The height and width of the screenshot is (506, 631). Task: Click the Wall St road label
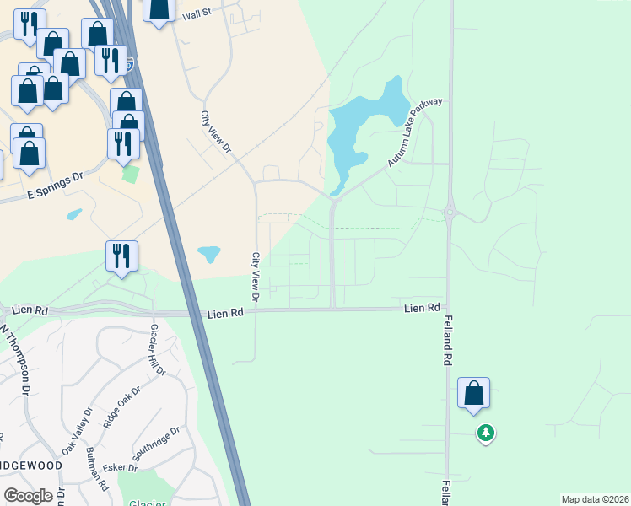[196, 14]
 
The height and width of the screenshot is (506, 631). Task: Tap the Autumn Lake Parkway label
[415, 132]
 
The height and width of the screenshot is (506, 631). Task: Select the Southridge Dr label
[157, 443]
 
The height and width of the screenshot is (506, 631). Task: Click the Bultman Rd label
[98, 469]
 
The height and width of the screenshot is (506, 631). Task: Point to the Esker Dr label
[121, 468]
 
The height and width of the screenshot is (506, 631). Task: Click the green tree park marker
[485, 433]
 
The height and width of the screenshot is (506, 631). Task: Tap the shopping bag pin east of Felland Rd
[473, 393]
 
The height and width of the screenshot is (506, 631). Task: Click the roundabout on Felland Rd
[450, 213]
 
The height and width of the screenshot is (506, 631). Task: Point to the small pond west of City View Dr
[208, 253]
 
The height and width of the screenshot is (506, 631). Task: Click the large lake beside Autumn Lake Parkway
[359, 126]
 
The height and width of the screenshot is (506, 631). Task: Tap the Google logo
[28, 496]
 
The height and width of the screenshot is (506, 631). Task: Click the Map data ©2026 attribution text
[595, 499]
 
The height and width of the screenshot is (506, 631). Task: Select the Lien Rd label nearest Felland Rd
[422, 309]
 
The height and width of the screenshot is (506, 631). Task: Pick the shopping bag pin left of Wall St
[158, 8]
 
